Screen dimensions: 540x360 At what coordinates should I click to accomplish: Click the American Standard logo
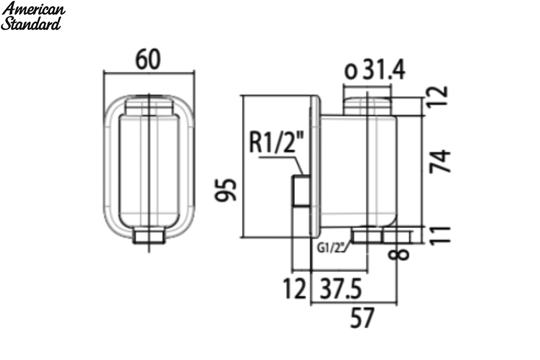(x=33, y=16)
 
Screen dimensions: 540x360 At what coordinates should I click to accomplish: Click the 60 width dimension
(x=148, y=59)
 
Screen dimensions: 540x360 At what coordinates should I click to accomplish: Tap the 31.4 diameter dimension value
(x=384, y=69)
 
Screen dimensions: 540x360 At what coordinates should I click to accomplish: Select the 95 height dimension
(x=225, y=190)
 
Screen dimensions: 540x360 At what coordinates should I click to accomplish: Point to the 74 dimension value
(x=440, y=161)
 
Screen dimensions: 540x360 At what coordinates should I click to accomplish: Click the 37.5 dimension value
(x=341, y=288)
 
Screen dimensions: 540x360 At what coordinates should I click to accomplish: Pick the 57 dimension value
(x=362, y=318)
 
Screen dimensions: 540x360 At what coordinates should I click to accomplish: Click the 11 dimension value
(x=440, y=236)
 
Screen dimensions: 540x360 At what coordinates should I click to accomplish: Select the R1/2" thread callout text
(x=276, y=142)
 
